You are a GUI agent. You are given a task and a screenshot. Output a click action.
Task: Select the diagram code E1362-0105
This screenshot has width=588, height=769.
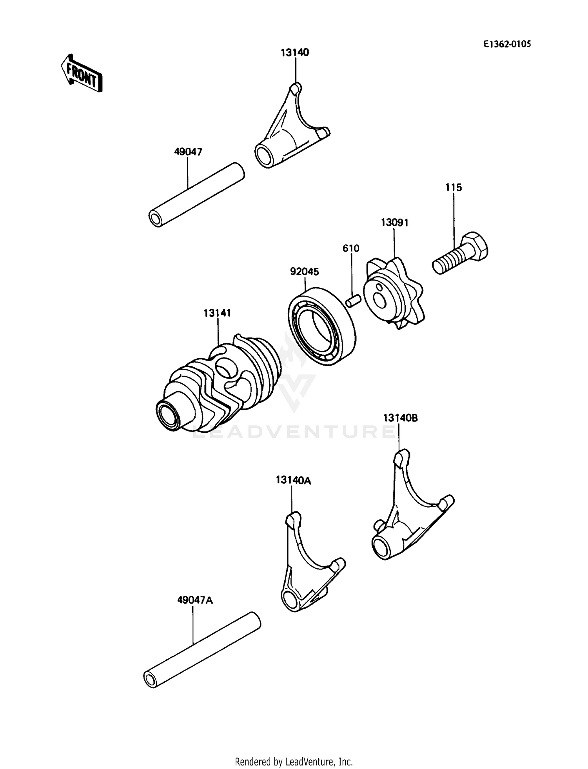click(x=507, y=44)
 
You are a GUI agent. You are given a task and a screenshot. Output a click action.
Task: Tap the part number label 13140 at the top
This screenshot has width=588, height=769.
click(x=295, y=53)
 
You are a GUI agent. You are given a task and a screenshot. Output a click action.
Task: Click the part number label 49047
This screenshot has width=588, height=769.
click(x=188, y=152)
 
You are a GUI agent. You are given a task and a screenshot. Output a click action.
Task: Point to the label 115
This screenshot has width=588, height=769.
click(x=454, y=188)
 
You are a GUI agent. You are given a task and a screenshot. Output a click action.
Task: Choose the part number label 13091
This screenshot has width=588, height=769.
click(x=394, y=223)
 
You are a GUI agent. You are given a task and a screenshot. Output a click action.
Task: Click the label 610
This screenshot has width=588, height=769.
click(x=351, y=248)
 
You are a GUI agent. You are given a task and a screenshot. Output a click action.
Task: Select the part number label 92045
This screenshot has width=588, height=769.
click(x=305, y=272)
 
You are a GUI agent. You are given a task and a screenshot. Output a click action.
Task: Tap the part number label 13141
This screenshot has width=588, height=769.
click(x=217, y=313)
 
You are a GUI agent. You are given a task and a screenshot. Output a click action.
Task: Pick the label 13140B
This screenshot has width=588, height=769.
click(x=400, y=418)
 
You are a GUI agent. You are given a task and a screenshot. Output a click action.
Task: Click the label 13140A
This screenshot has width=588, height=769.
click(x=293, y=480)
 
